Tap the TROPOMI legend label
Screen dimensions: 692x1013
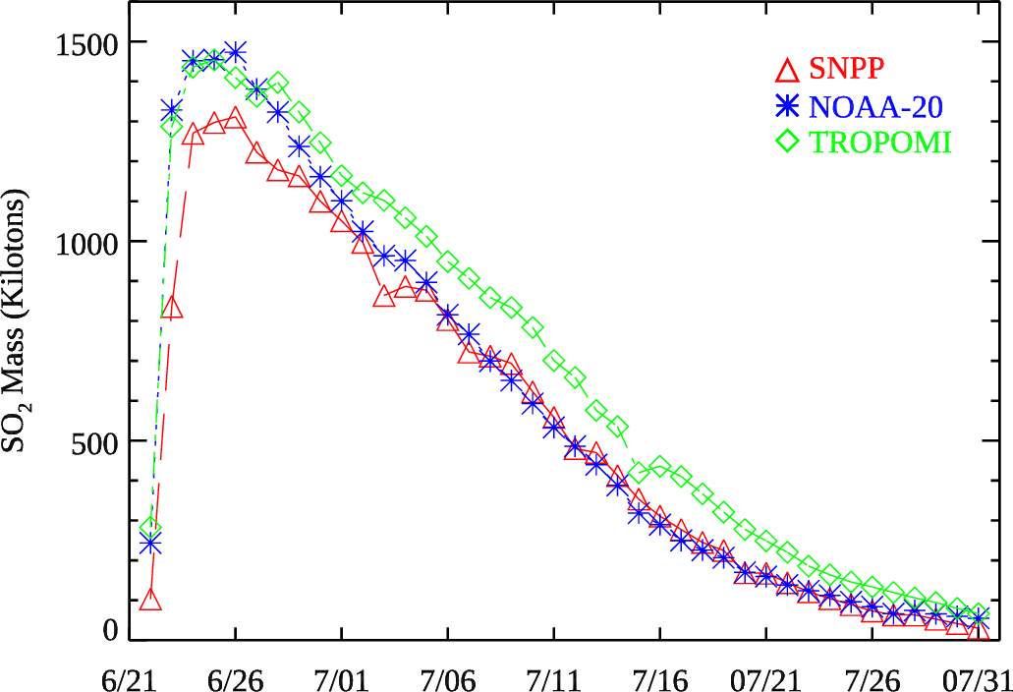click(880, 143)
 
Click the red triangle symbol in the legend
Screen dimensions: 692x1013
click(786, 70)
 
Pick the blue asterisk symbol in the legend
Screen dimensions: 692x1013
click(786, 106)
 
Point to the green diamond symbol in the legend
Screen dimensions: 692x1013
click(786, 143)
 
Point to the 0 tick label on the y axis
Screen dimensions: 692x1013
click(111, 631)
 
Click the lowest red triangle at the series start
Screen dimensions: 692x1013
click(150, 600)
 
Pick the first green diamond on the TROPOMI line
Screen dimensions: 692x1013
click(150, 529)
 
